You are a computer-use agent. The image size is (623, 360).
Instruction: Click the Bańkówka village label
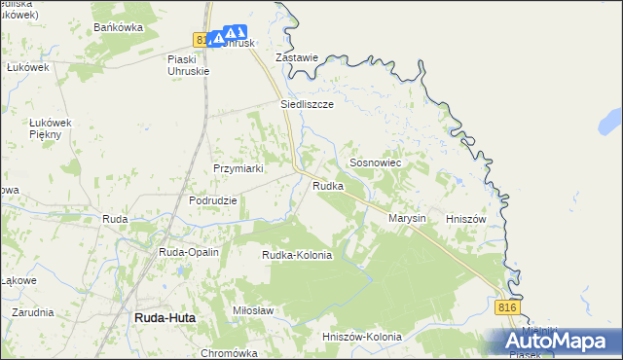coord(118,27)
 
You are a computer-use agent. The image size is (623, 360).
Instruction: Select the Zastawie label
coord(297,57)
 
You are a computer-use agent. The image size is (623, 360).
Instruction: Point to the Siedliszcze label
coord(308,102)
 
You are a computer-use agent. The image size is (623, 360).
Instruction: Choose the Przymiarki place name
coord(239,168)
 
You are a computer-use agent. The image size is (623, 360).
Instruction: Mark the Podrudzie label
coord(213,200)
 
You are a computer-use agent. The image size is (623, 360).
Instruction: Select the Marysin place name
coord(408,219)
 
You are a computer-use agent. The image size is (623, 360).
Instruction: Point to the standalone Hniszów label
coord(464,219)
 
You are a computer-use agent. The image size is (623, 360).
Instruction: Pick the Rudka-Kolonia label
coord(297,255)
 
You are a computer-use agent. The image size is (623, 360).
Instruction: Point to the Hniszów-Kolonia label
coord(361,337)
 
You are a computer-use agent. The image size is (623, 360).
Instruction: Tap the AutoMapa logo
coord(557,341)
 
